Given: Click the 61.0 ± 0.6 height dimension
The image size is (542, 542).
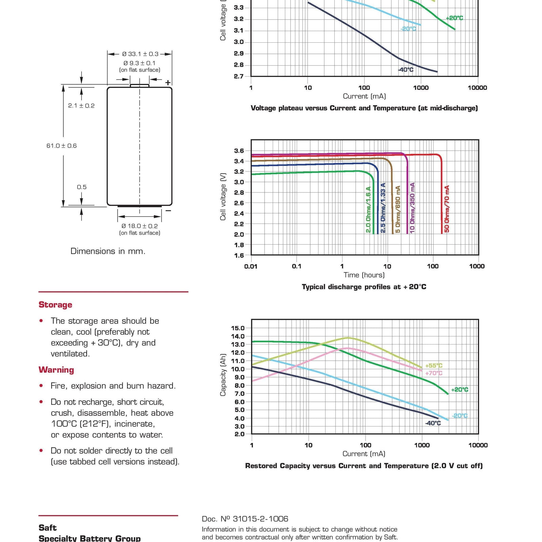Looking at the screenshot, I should (62, 146).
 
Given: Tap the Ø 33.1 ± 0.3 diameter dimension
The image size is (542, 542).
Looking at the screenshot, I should (140, 54).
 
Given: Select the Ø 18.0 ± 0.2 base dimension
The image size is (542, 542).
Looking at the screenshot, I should (140, 226).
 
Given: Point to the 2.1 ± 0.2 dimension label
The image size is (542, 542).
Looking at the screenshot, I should (81, 106).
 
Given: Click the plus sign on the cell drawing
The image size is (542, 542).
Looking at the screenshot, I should (168, 83).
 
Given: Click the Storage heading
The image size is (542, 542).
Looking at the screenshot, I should (56, 305).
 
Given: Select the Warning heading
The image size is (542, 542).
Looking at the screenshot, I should (56, 370).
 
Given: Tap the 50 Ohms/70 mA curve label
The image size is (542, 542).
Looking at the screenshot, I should (447, 209).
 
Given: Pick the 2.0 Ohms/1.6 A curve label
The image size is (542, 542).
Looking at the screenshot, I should (368, 210).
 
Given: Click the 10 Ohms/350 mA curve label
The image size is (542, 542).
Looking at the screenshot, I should (412, 207).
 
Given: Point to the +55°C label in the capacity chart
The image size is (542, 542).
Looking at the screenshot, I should (434, 366).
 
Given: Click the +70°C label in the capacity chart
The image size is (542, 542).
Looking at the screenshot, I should (434, 373).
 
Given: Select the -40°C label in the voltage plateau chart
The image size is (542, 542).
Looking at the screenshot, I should (406, 70).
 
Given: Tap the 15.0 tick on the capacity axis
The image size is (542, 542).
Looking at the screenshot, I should (237, 328).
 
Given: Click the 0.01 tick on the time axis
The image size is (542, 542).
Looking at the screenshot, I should (251, 266).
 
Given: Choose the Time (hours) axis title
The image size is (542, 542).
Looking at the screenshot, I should (364, 275).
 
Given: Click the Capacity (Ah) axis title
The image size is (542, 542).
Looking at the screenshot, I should (223, 375).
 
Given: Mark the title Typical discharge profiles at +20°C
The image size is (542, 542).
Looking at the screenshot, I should (364, 287).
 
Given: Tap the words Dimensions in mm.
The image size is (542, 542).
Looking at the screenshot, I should (108, 251).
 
